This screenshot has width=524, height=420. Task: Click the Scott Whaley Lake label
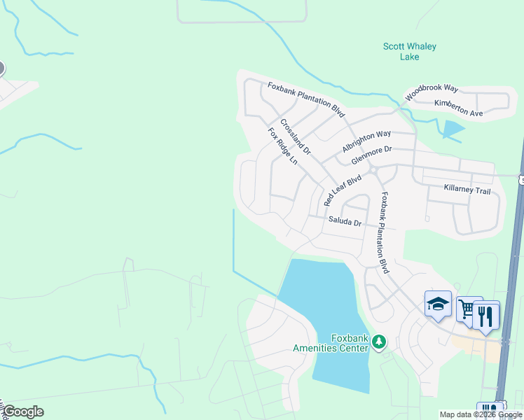click(409, 51)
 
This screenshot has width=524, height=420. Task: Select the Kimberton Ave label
click(458, 108)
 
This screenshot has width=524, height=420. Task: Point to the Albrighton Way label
click(366, 141)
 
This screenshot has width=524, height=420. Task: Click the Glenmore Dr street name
click(371, 154)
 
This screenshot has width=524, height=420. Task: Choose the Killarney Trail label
click(467, 189)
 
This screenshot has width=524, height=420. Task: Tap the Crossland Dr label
click(295, 137)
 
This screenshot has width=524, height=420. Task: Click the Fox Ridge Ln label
click(283, 146)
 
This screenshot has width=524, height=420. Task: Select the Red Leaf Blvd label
click(343, 190)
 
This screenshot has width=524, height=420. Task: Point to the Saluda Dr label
click(345, 223)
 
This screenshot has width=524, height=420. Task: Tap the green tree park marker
click(379, 342)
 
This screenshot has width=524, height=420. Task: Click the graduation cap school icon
click(438, 304)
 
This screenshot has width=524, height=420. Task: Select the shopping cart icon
click(467, 309)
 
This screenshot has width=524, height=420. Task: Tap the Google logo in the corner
click(23, 412)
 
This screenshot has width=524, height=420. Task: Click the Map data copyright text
click(481, 415)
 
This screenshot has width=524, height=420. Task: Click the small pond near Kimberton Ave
click(452, 129)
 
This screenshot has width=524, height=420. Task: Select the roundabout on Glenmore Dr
click(374, 170)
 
